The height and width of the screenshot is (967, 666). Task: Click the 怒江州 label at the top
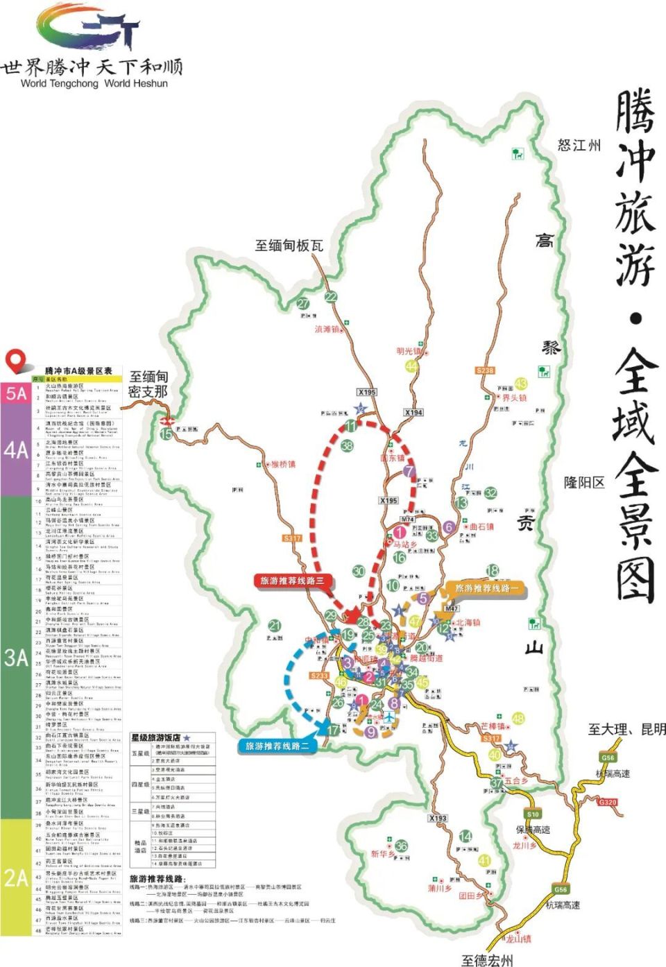579,146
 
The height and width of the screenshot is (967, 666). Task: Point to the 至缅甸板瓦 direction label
289,245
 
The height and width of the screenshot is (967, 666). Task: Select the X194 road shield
413,412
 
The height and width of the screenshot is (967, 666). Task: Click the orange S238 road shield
485,370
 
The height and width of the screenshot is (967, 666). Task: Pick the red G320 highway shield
607,802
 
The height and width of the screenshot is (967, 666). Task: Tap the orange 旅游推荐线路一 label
486,588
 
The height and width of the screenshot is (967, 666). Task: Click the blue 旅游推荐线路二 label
276,746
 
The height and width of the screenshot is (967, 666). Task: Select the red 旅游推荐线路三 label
292,580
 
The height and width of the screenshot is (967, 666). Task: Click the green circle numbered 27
304,304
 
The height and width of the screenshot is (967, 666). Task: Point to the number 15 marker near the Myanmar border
166,434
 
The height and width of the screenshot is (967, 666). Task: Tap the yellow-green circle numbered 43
521,384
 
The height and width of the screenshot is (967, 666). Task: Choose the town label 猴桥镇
282,464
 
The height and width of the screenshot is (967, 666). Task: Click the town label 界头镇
514,398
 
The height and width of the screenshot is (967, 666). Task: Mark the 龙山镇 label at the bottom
518,939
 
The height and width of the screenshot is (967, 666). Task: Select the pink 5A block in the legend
15,393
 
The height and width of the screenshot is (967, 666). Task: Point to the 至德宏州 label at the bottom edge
487,960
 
